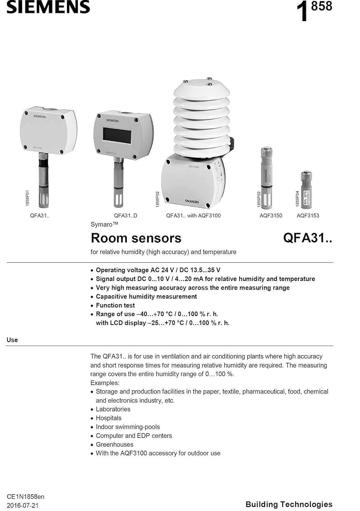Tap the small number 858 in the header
[x=322, y=6]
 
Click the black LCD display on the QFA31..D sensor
[x=117, y=135]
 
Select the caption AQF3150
[x=271, y=215]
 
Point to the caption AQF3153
[x=308, y=215]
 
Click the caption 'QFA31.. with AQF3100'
[x=193, y=215]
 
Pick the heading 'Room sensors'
[x=136, y=238]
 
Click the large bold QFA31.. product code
[x=307, y=238]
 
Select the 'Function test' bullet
[x=115, y=305]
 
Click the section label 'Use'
[x=12, y=340]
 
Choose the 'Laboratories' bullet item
[x=113, y=409]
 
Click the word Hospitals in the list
[x=108, y=418]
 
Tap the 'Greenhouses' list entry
[x=114, y=444]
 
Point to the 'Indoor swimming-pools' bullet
[x=128, y=427]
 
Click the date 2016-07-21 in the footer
[x=23, y=505]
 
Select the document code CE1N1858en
[x=26, y=496]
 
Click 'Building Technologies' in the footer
[x=289, y=504]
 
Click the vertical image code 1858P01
[x=28, y=198]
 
